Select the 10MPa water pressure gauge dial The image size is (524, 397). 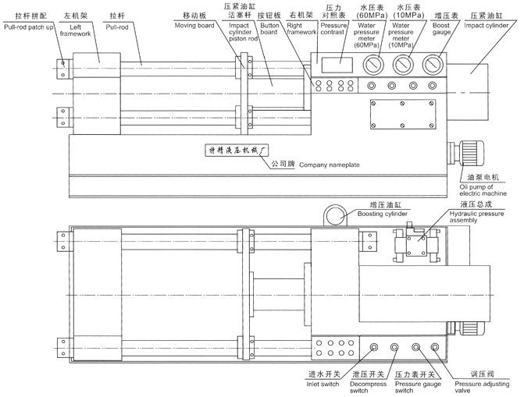403,66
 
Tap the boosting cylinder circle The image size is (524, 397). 337,216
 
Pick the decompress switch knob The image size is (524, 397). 396,346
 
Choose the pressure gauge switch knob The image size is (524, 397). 416,346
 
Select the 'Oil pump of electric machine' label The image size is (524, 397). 483,189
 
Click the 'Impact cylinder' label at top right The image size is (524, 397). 492,24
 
